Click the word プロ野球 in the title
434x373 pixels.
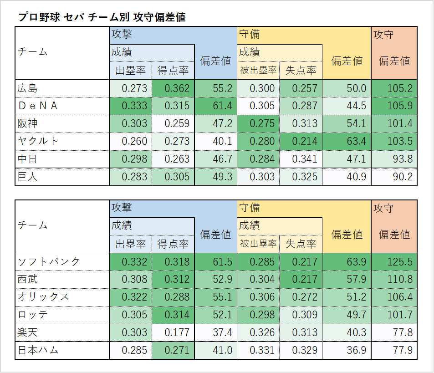click(39, 17)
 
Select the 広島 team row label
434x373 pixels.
click(27, 88)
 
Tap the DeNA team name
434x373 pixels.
click(38, 106)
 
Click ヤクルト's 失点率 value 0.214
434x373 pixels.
click(305, 141)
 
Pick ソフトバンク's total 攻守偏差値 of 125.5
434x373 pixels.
click(400, 262)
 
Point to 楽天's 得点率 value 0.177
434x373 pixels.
click(177, 332)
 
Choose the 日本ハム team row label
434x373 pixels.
click(38, 350)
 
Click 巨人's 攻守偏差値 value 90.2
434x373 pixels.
click(403, 177)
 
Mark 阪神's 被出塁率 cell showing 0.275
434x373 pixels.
click(262, 123)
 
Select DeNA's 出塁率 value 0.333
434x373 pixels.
click(134, 106)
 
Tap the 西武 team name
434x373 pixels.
click(27, 279)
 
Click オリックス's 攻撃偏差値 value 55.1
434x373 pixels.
click(223, 297)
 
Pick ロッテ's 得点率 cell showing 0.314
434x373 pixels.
click(177, 315)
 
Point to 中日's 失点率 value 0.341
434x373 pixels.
click(305, 159)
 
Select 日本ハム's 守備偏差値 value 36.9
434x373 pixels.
click(357, 350)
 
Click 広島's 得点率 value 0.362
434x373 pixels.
click(177, 88)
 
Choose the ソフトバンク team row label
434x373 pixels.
click(49, 262)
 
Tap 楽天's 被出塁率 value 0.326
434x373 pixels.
click(262, 332)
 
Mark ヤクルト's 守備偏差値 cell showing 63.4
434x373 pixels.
click(357, 141)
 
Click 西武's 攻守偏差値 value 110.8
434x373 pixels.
click(400, 279)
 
